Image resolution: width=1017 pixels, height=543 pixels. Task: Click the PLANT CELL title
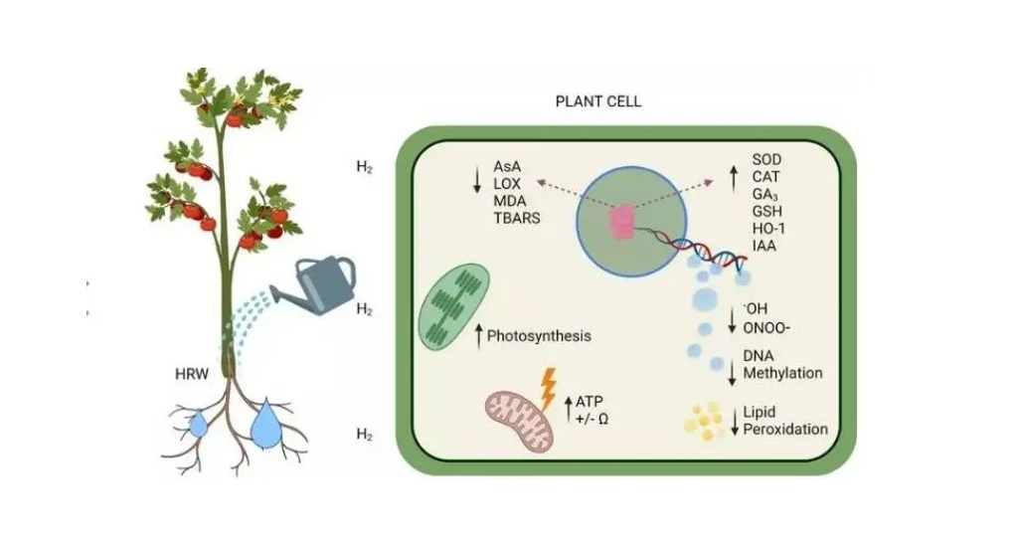(597, 101)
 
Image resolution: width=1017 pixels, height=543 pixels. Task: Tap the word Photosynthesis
(539, 336)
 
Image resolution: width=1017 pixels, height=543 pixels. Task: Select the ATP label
(591, 401)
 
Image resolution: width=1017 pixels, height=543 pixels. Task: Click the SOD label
(766, 159)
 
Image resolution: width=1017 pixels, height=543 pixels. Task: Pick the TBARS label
(517, 217)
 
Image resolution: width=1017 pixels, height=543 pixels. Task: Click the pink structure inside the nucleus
(622, 220)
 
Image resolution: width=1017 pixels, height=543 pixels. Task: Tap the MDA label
(511, 199)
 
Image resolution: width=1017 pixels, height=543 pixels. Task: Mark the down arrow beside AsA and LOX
(477, 178)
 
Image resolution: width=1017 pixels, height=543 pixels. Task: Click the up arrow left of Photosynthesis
(478, 335)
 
